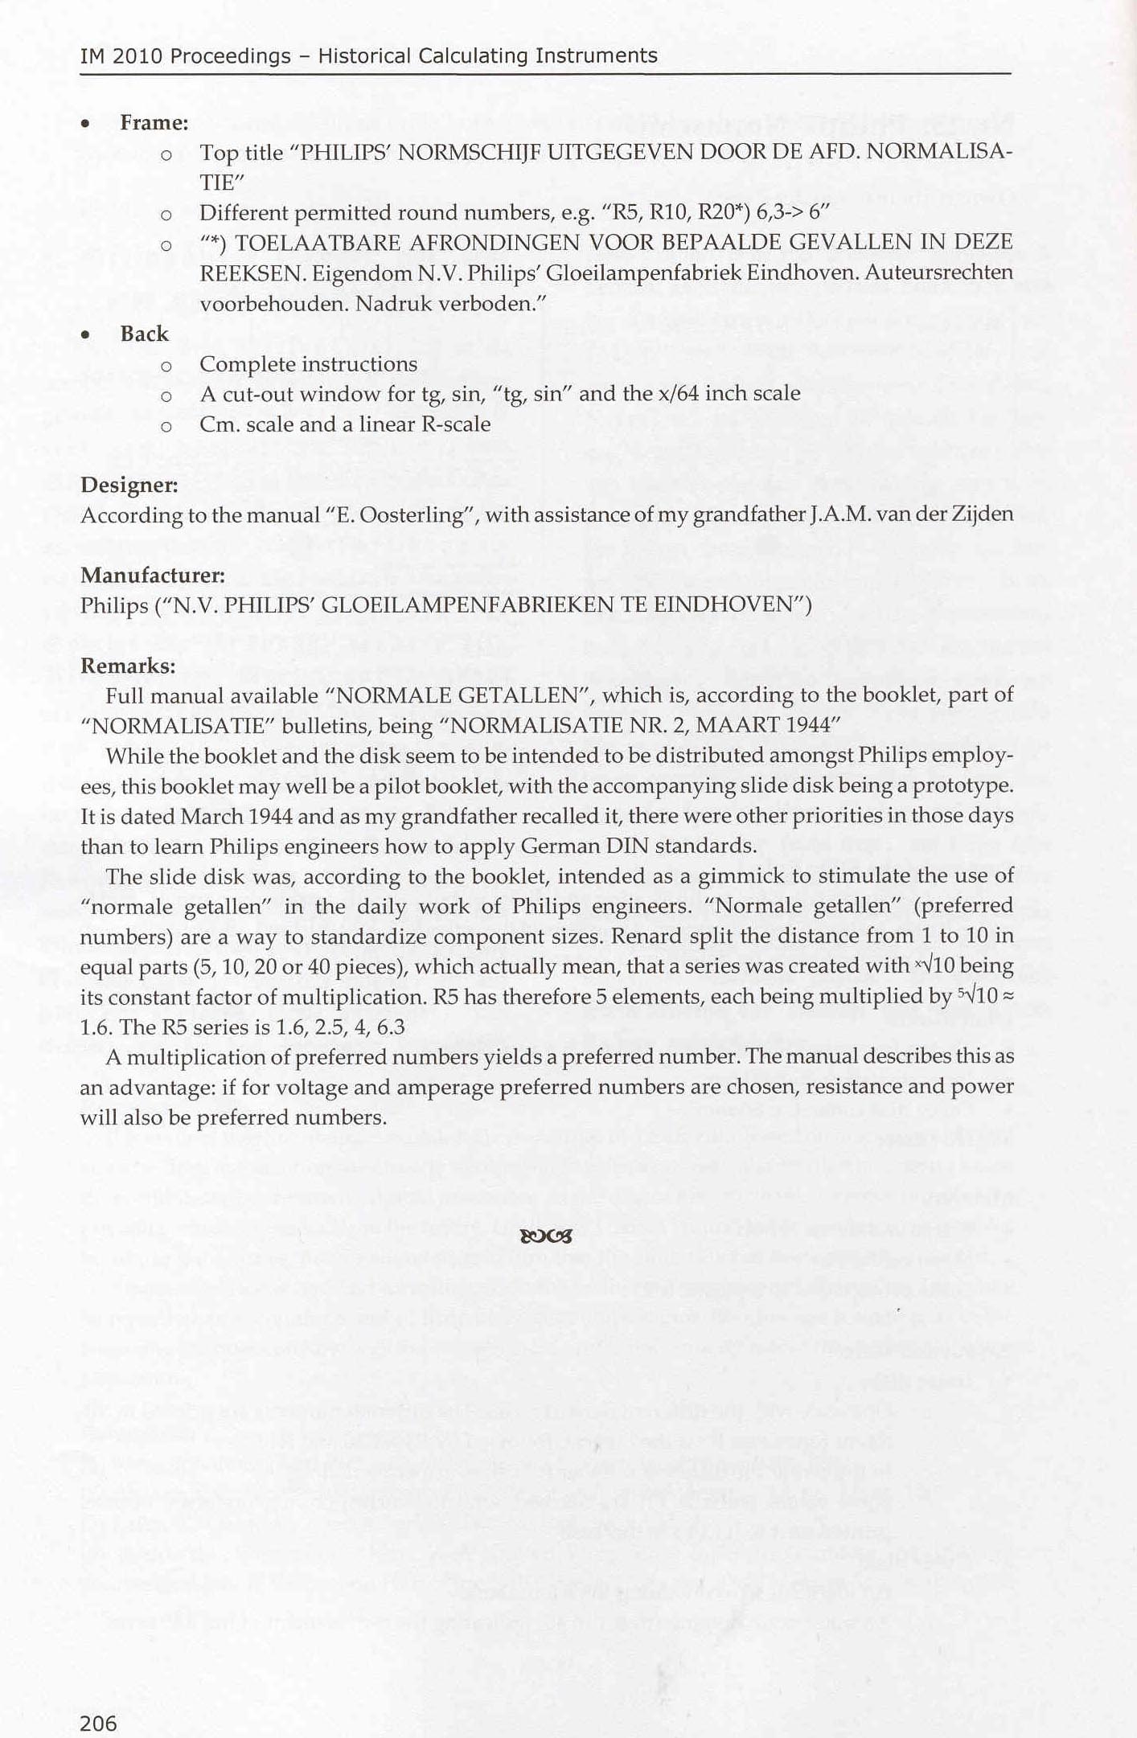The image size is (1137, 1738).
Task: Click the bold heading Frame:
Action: [x=154, y=123]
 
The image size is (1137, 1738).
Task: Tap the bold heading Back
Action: [x=144, y=334]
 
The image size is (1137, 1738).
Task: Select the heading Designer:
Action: [x=129, y=485]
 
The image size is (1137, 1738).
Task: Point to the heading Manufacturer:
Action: [x=152, y=575]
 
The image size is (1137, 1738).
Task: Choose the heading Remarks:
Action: [x=128, y=666]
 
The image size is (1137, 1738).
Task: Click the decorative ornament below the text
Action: [x=546, y=1236]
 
